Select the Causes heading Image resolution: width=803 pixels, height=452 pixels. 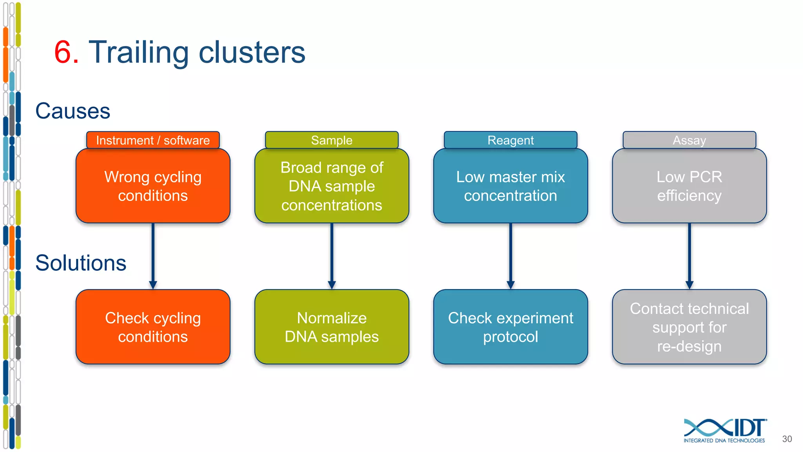(x=73, y=111)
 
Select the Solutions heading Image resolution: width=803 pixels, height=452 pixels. (x=81, y=263)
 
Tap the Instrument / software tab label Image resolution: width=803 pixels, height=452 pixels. (x=153, y=140)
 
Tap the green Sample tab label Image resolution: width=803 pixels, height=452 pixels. (x=332, y=140)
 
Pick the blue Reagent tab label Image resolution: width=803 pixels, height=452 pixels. (x=511, y=140)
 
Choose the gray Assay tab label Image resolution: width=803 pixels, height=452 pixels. (x=689, y=140)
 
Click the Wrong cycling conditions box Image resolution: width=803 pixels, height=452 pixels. (x=153, y=186)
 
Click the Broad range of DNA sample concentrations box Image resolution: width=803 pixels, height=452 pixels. (x=332, y=186)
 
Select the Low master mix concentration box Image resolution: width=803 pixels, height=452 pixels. (x=511, y=186)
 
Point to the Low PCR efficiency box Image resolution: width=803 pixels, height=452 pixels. (x=689, y=186)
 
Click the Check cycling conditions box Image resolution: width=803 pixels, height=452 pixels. (x=153, y=327)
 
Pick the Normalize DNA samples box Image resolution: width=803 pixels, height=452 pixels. (x=332, y=327)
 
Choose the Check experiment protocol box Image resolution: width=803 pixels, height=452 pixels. (x=511, y=327)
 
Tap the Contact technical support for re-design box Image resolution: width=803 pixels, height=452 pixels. (x=689, y=327)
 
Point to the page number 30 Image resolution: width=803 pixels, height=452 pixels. (x=787, y=439)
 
